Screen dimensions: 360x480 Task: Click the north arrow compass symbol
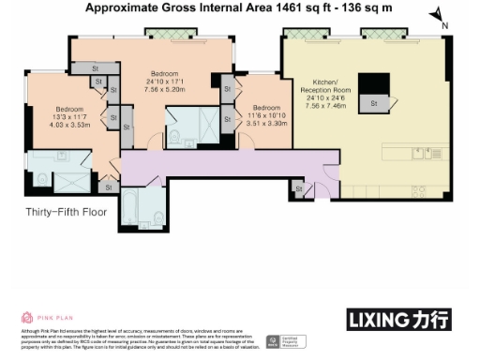[x=438, y=16]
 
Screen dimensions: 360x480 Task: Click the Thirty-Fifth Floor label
[x=67, y=213]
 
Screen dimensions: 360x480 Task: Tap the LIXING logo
[x=404, y=320]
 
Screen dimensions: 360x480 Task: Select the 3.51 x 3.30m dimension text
[x=264, y=121]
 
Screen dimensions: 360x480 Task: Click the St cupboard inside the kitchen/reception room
[x=374, y=103]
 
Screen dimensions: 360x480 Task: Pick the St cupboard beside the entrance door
[x=299, y=190]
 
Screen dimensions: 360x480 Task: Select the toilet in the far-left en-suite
[x=40, y=179]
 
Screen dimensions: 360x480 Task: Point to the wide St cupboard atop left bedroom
[x=96, y=68]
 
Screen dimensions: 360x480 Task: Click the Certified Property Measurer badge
[x=271, y=341]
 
